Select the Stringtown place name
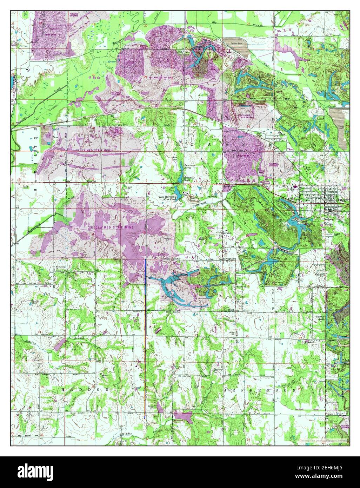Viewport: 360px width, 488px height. tap(230, 258)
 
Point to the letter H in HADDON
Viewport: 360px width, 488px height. tap(64, 390)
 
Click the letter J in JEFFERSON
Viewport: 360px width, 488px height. tap(226, 390)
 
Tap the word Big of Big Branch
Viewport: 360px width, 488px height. tap(214, 22)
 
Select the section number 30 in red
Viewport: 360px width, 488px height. tap(93, 75)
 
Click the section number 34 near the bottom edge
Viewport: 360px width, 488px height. tap(248, 439)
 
